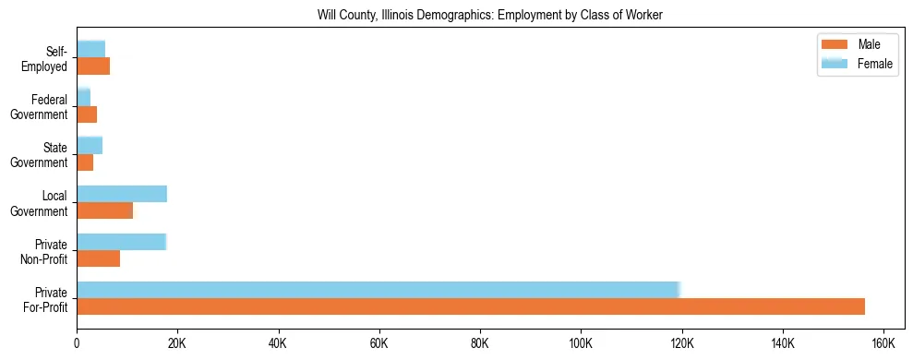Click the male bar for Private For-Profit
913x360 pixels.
(x=471, y=306)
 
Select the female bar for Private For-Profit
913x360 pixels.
(x=378, y=289)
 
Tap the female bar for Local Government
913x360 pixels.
(x=122, y=194)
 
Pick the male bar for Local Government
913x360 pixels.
(x=105, y=210)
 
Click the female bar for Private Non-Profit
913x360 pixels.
(x=121, y=242)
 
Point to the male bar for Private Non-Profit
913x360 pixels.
(x=99, y=258)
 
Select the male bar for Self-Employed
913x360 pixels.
(x=93, y=66)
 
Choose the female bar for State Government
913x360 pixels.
(x=90, y=145)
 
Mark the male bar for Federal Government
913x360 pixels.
(x=87, y=114)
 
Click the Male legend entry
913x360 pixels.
(x=856, y=44)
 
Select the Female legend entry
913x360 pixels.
(x=856, y=64)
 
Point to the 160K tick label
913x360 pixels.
(x=883, y=343)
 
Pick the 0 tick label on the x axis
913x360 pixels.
(x=77, y=343)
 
